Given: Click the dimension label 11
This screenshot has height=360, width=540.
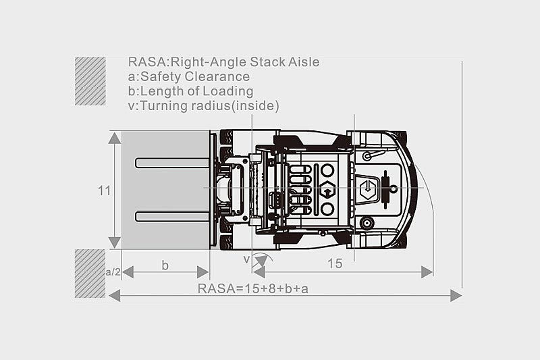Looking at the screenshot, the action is [x=105, y=190].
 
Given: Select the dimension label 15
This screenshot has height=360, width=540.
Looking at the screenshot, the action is [x=335, y=263].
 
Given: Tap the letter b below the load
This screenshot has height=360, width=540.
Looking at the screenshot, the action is [x=165, y=265].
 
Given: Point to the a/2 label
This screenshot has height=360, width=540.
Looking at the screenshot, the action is [x=113, y=272].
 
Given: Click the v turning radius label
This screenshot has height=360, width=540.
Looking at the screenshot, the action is [x=246, y=259].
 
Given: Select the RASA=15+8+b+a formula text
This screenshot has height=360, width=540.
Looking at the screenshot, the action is [x=253, y=288].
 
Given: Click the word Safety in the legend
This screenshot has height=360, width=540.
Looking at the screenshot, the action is [x=161, y=77].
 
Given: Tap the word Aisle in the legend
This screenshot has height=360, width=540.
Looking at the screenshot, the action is [x=304, y=62].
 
